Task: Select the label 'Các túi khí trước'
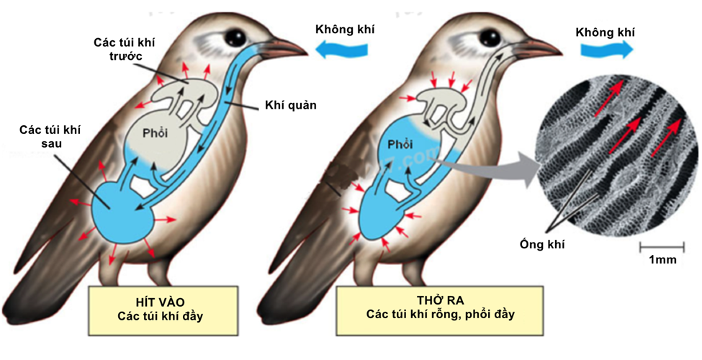[125, 49]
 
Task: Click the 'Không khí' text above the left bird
[345, 30]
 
